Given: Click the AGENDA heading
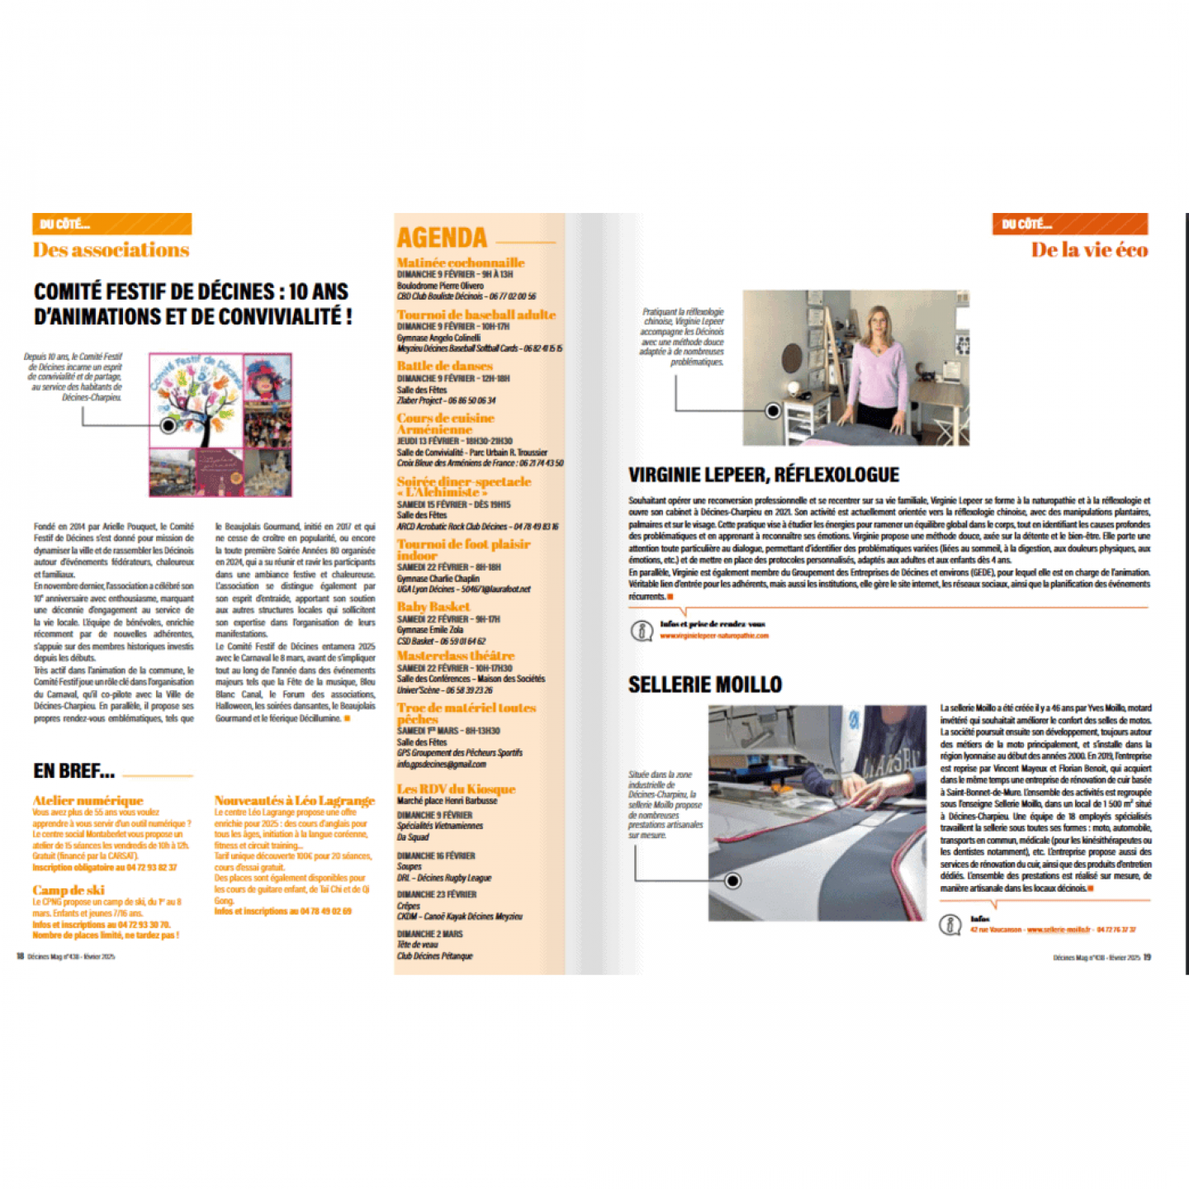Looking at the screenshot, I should [442, 238].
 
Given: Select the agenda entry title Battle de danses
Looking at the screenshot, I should [444, 366].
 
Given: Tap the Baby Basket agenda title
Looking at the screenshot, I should [433, 607].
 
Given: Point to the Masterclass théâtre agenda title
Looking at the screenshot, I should [455, 656].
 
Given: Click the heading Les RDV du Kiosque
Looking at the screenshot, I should [456, 789].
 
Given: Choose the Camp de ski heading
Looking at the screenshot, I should [69, 890].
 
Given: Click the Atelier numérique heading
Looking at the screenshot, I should [88, 800].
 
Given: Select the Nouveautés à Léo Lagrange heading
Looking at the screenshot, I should [294, 800].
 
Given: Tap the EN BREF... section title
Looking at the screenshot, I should [73, 771].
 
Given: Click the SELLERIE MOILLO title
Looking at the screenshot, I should [704, 685].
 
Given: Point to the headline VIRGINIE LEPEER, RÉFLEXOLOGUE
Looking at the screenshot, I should [763, 475].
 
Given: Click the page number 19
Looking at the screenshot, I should [1147, 957].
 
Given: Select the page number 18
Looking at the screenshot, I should [20, 957].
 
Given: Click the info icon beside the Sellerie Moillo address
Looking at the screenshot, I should [950, 924].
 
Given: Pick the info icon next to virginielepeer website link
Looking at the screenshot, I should [642, 631].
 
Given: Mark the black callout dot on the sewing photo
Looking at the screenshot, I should [732, 881].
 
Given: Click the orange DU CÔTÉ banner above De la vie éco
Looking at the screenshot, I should [1069, 224].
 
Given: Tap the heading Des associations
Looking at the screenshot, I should [111, 250].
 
